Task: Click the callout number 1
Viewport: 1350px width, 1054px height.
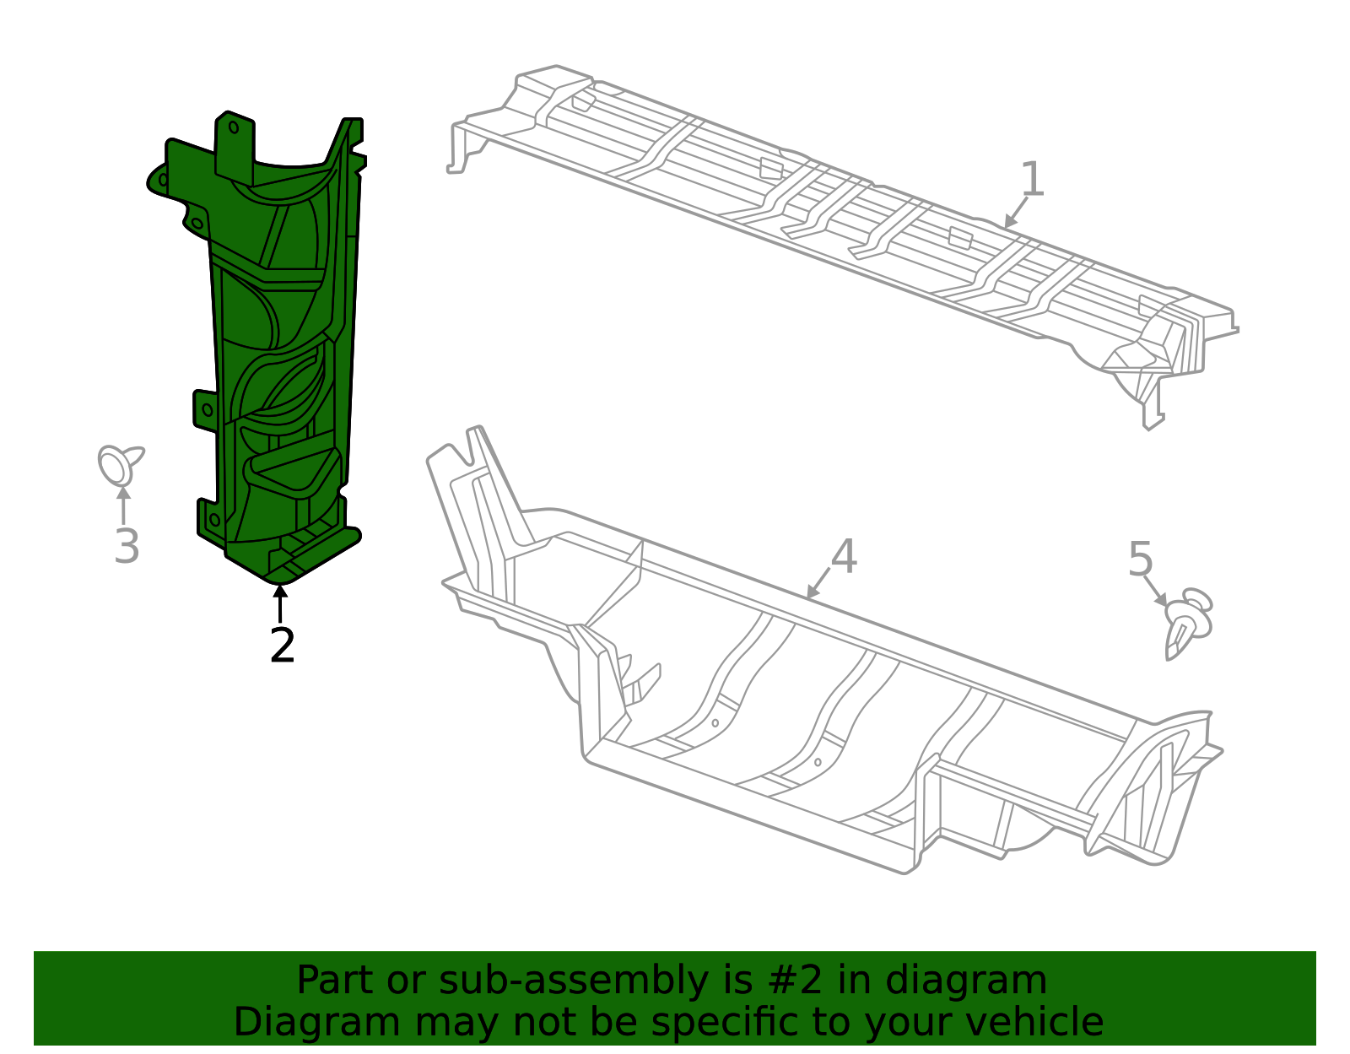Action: point(1032,179)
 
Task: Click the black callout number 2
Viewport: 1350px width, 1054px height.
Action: point(282,646)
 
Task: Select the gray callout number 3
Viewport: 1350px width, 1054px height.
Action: point(127,547)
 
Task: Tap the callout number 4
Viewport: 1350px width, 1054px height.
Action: point(844,557)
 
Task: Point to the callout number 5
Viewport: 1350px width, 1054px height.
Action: point(1140,559)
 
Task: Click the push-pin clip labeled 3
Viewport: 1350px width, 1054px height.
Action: point(119,464)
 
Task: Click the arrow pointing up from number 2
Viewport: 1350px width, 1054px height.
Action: point(280,603)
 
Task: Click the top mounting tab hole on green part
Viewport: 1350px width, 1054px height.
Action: point(235,128)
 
